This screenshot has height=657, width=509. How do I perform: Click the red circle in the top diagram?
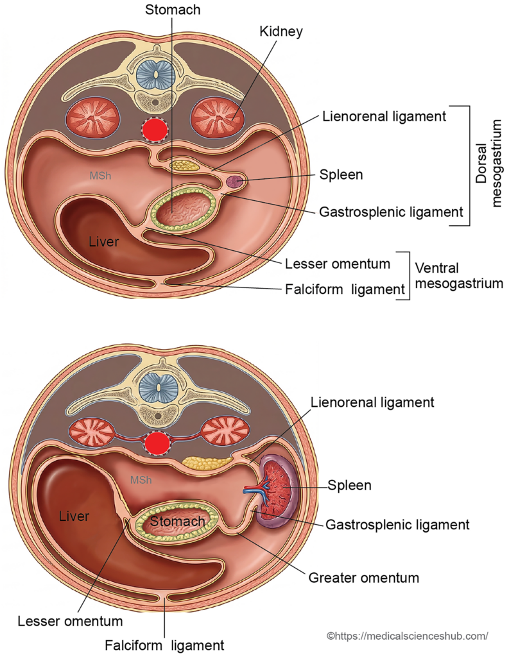point(155,130)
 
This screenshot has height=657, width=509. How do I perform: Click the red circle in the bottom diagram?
point(157,443)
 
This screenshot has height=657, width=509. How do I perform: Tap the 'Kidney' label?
point(281,31)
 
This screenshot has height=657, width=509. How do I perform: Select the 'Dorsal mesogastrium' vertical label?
point(489,164)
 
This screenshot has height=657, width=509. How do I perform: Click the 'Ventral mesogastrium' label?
point(459,276)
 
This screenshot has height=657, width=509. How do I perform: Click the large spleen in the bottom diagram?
point(276,491)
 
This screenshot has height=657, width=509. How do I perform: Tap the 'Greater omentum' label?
point(363,578)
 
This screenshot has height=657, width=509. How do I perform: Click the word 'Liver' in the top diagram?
point(103,241)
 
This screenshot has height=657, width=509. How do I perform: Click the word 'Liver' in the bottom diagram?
point(74,516)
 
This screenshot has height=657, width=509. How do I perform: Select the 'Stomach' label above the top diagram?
point(173,10)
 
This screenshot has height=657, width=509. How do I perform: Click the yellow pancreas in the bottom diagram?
point(207,462)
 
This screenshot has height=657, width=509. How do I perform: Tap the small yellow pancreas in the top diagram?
point(184,165)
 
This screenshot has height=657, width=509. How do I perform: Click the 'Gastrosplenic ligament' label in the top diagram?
point(391,212)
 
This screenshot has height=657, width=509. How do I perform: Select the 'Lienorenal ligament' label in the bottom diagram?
point(372,402)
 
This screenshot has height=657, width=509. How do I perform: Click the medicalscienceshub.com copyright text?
point(408,636)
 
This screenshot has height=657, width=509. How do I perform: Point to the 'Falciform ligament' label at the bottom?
point(165,645)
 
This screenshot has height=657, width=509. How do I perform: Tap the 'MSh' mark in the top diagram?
point(101,176)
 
